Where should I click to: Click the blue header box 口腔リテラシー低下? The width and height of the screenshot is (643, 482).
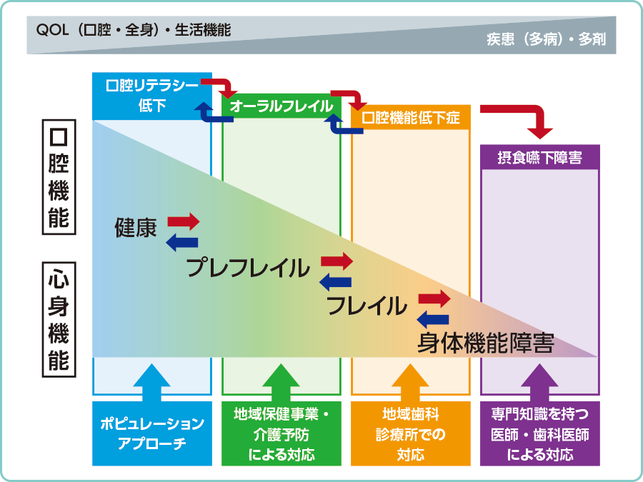pos(151,95)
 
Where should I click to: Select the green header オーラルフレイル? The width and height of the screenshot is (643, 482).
pos(281,106)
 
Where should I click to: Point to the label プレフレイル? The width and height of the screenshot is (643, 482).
pos(248,268)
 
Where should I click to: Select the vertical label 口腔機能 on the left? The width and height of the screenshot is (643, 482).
pos(59,179)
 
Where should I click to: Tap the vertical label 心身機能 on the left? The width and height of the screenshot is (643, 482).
pos(59,318)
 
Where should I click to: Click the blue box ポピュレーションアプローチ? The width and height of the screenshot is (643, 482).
pos(151,433)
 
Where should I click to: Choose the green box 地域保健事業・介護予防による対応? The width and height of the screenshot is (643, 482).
pos(281,433)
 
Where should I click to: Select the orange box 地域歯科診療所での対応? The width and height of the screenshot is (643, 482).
pos(411,433)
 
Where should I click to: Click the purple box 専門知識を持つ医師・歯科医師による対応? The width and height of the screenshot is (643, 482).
pos(540,433)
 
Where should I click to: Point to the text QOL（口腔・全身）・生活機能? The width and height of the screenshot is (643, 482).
pos(134,31)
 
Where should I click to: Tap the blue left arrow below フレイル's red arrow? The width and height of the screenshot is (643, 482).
pos(433,319)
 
